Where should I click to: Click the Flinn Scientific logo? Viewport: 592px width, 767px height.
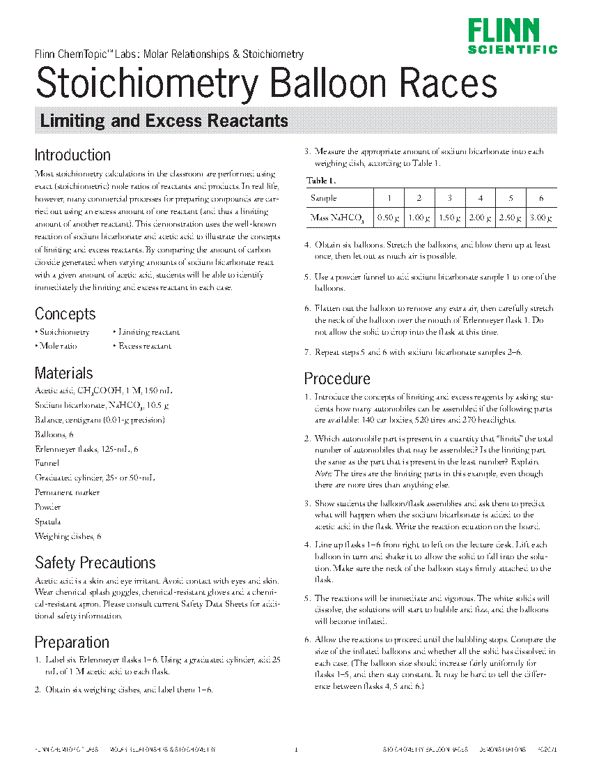[513, 36]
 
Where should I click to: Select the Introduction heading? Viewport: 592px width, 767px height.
[72, 155]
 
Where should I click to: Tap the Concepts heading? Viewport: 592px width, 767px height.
[65, 314]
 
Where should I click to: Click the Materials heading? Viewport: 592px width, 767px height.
[63, 373]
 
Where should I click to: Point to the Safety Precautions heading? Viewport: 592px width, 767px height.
[95, 563]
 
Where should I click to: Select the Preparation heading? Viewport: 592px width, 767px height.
[72, 642]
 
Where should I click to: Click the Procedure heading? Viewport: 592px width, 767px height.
[337, 379]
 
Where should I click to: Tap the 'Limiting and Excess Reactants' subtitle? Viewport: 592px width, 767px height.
[164, 121]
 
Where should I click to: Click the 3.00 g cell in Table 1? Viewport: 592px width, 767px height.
[541, 218]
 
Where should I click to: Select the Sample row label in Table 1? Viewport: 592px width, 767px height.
[323, 198]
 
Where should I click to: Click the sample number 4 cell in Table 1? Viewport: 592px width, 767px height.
[481, 198]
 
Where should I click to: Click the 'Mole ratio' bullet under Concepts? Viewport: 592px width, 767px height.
[59, 346]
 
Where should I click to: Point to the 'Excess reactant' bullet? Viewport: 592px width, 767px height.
[144, 346]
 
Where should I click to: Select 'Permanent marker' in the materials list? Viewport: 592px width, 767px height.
[67, 492]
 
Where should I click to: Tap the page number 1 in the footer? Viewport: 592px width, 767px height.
[296, 750]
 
